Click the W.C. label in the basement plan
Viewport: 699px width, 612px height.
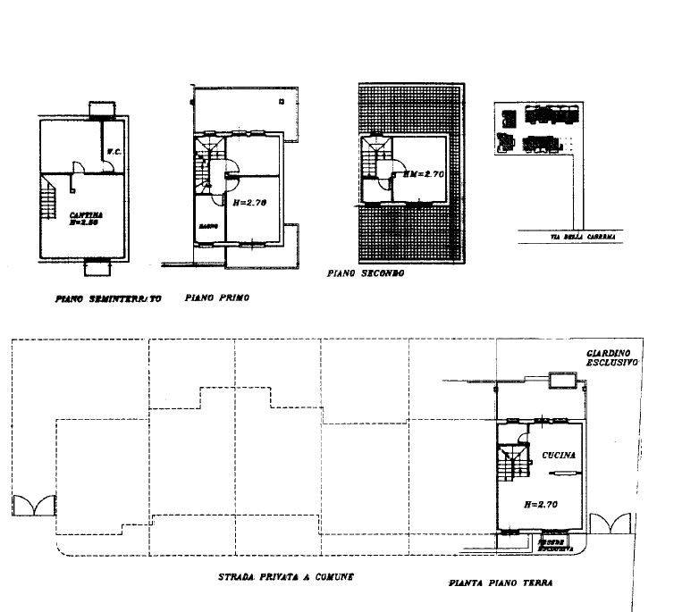(x=114, y=151)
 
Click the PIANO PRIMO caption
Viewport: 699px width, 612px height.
(x=215, y=298)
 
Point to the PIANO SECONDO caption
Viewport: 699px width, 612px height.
(x=366, y=273)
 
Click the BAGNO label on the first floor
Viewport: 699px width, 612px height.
(x=209, y=225)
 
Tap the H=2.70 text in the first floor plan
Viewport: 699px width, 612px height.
(x=249, y=204)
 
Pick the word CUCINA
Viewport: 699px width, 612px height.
(x=558, y=456)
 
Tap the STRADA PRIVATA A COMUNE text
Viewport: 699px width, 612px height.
(x=286, y=577)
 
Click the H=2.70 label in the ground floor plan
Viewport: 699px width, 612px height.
(x=542, y=505)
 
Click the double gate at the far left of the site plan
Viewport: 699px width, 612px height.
(x=34, y=506)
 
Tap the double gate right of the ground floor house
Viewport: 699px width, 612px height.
(x=611, y=524)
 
